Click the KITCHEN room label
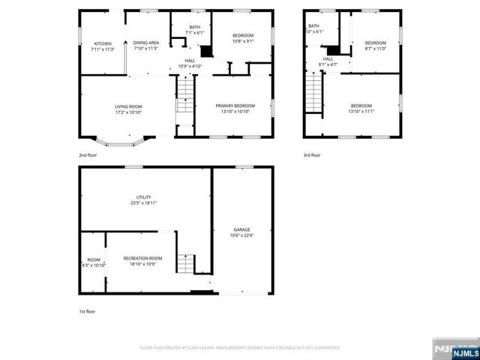pos(102,43)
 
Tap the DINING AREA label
pos(145,43)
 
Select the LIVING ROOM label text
pos(128,106)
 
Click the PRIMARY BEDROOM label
pos(235,106)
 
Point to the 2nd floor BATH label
pos(194,27)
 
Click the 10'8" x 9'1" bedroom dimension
pos(241,42)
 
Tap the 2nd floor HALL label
pos(190,61)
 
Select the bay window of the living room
pos(123,140)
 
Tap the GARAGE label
pos(241,229)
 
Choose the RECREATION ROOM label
pos(142,258)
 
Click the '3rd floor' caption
pos(311,155)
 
